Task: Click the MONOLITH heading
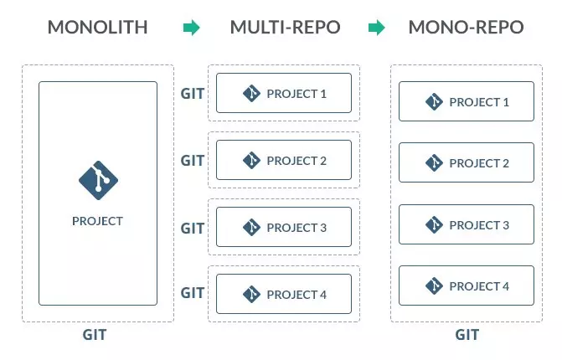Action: (97, 28)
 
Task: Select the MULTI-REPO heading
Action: (285, 28)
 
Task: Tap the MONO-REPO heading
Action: (466, 28)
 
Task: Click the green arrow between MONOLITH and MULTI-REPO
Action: (192, 28)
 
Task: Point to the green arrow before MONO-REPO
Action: (377, 28)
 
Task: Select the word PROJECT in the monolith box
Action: (97, 221)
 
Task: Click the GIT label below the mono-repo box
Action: (467, 335)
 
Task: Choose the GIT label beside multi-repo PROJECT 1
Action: (193, 93)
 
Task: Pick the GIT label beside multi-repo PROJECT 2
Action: (193, 160)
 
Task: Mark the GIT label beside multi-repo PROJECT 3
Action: (193, 227)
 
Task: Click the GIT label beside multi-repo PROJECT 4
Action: (193, 293)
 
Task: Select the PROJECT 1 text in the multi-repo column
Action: (296, 94)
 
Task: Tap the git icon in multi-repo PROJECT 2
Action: (250, 160)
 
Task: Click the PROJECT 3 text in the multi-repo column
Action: (296, 228)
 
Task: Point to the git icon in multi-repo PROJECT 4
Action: (250, 294)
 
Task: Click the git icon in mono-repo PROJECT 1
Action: (433, 102)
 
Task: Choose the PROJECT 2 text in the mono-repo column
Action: (479, 163)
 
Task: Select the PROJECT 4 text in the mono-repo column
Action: (479, 286)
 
